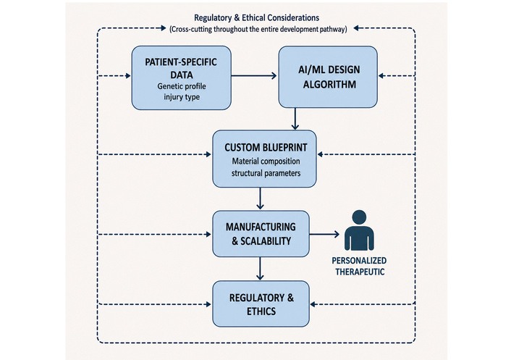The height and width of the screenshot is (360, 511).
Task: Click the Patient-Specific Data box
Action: coord(182,78)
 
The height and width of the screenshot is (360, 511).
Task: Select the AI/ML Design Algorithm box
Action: coord(328,77)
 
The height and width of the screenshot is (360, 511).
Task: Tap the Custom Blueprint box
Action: coord(264,159)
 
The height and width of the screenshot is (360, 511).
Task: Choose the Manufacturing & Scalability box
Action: coord(261,234)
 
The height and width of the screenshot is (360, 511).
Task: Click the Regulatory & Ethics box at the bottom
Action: coord(261,304)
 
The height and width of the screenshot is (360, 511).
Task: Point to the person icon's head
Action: coord(359,217)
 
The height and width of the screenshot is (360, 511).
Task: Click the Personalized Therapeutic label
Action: coord(360,266)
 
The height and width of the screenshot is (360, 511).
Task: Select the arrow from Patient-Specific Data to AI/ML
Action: coord(254,76)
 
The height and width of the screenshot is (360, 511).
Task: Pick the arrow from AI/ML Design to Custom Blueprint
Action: coord(295,119)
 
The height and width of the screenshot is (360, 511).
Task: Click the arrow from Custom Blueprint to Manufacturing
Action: coord(260,198)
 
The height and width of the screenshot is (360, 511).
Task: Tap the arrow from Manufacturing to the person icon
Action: coord(324,234)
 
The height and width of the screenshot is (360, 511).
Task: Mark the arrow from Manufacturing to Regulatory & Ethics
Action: coord(260,268)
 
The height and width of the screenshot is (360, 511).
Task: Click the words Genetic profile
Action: coord(182,86)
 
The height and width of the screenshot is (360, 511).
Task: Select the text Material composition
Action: coord(266,162)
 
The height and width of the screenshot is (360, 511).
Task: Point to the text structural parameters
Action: coord(266,173)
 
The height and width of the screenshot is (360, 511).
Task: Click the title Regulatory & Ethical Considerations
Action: coord(256,17)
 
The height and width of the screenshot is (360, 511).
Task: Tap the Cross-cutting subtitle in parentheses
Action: coord(258,29)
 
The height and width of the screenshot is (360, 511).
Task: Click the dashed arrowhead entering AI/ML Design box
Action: coord(381,76)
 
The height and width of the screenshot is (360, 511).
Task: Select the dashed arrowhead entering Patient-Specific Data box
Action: coord(128,76)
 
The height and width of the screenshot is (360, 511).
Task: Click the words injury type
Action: coord(182,97)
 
